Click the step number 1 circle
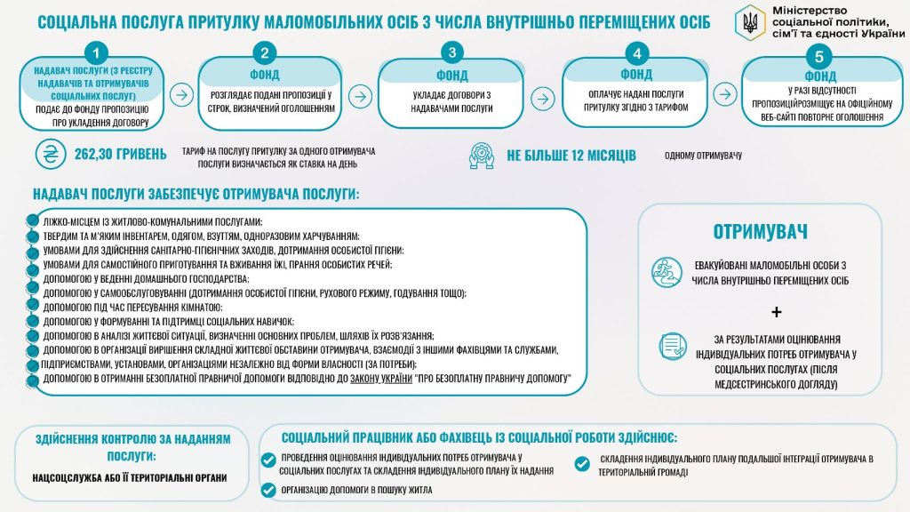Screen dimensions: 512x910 point(100,52)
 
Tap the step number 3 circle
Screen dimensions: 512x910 point(454,52)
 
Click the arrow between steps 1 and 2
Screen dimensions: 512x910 point(180,94)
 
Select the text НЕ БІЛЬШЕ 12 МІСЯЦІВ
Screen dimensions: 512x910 point(571,156)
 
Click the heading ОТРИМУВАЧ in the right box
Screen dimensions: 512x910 point(760,232)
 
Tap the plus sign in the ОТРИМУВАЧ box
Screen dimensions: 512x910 point(777,312)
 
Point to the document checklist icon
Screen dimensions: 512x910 point(673,347)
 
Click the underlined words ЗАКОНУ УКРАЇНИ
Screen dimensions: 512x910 point(374,380)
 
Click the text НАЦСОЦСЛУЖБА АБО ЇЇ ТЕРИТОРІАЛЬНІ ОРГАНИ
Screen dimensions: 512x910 point(129,477)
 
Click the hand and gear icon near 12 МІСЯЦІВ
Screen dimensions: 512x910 point(481,156)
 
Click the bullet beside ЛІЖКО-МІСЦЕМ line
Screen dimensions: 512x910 point(33,220)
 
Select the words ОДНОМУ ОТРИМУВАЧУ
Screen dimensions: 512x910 point(703,156)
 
